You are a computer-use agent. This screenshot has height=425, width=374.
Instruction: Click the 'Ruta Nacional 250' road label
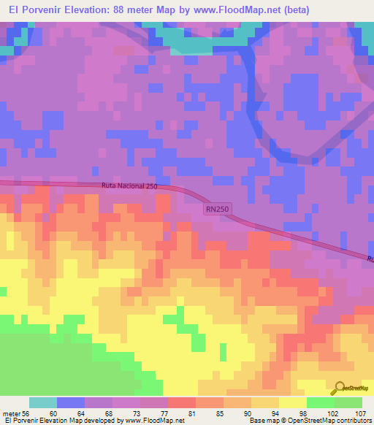coord(130,187)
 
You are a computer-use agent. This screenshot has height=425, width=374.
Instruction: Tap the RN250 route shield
coord(217,210)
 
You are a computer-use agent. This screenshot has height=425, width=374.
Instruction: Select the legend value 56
coord(25,414)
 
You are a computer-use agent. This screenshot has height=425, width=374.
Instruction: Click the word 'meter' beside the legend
coord(11,414)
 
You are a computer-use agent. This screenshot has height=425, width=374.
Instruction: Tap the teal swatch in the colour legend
coord(43,402)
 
